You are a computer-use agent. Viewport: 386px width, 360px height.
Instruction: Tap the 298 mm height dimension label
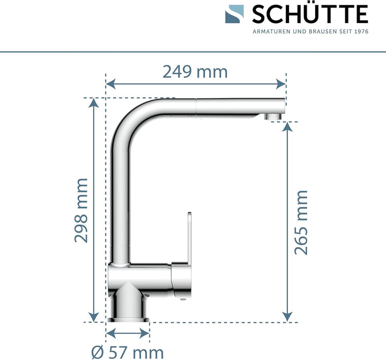coord(81,210)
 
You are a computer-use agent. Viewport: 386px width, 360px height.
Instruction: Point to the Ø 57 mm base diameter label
coord(128,352)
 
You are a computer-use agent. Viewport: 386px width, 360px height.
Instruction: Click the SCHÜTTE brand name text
coord(310,14)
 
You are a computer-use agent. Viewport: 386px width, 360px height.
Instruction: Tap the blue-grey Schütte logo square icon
coord(234,14)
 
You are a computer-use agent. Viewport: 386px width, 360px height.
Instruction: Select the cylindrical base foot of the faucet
coord(128,308)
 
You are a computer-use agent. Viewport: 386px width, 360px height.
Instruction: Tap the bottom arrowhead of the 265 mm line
coord(288,317)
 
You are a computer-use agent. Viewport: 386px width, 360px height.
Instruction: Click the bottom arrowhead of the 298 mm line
coord(95,317)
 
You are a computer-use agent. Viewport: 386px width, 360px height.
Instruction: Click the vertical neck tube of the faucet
coord(121,204)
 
